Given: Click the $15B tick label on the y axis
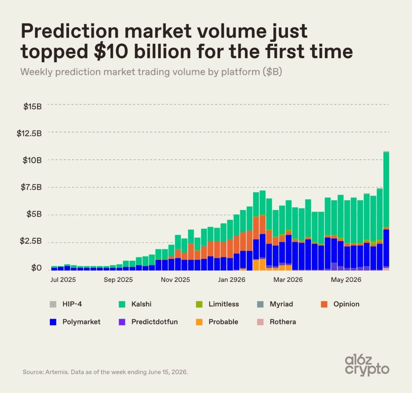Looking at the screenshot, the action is pyautogui.click(x=33, y=107).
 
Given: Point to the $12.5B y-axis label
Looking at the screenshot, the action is pyautogui.click(x=29, y=133).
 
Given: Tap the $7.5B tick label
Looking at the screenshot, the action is pyautogui.click(x=31, y=187).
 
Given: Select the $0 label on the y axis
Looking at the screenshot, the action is pyautogui.click(x=36, y=268).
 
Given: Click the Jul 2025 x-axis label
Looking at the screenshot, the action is pyautogui.click(x=63, y=280).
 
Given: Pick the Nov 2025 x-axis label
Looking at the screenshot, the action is pyautogui.click(x=175, y=280).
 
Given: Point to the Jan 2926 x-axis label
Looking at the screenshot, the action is pyautogui.click(x=231, y=280).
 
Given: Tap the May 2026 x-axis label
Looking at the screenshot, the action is pyautogui.click(x=346, y=280).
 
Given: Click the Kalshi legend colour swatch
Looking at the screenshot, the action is pyautogui.click(x=122, y=304).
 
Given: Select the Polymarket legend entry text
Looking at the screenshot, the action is pyautogui.click(x=81, y=322).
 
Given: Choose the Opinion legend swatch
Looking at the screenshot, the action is pyautogui.click(x=324, y=304).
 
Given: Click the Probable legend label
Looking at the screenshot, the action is pyautogui.click(x=223, y=322).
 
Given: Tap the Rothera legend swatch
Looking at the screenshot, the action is pyautogui.click(x=260, y=322).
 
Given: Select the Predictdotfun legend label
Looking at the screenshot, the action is pyautogui.click(x=154, y=322).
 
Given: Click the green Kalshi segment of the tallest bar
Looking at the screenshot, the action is pyautogui.click(x=386, y=189).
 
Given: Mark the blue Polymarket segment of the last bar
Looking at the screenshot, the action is pyautogui.click(x=386, y=248).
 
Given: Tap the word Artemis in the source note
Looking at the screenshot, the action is pyautogui.click(x=57, y=372).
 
